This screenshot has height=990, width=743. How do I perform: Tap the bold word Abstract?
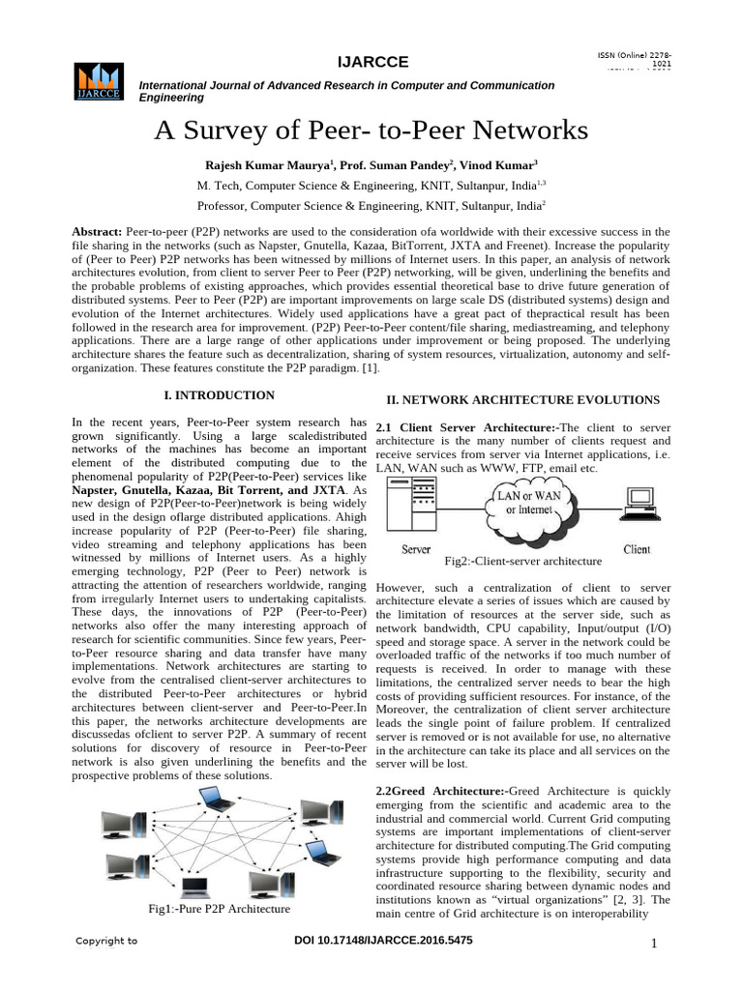[98, 232]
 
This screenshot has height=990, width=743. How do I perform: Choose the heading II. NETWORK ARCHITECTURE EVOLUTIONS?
[522, 399]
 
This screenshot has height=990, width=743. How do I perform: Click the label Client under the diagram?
[637, 550]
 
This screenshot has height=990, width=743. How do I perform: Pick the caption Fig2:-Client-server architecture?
[522, 561]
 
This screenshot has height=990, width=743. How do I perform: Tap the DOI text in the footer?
[382, 941]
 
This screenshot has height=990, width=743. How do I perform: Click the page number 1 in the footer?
[654, 944]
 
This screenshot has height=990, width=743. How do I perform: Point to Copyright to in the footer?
[106, 941]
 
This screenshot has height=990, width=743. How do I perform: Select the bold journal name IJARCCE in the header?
[372, 63]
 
